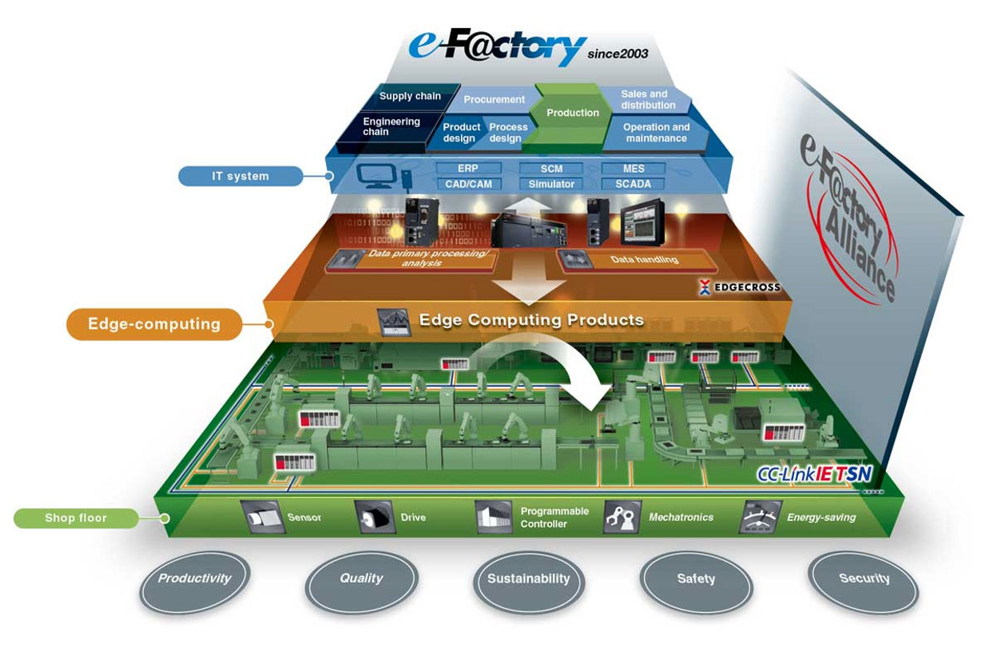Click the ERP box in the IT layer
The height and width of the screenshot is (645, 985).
tap(468, 169)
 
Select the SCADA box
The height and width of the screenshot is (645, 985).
tap(633, 184)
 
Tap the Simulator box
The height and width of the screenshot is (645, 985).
tap(551, 184)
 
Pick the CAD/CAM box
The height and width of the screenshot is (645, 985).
tap(468, 184)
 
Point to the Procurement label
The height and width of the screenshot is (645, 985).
tap(494, 99)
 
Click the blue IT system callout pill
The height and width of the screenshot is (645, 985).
tap(240, 176)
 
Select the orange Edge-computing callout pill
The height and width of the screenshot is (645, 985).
tap(154, 324)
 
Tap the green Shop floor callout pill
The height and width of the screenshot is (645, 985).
tap(76, 518)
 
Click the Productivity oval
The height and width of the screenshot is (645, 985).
tap(195, 582)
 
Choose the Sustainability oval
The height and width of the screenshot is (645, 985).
tap(529, 582)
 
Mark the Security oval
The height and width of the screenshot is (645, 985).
tap(864, 582)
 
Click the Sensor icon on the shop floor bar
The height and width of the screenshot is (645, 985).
tap(261, 517)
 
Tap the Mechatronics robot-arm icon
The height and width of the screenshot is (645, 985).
tap(622, 517)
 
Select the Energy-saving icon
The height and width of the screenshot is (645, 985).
tap(760, 517)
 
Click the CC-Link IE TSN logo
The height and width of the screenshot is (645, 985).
tap(814, 474)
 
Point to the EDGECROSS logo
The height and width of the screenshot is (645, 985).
tap(740, 287)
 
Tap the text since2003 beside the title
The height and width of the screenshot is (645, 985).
tap(618, 54)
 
